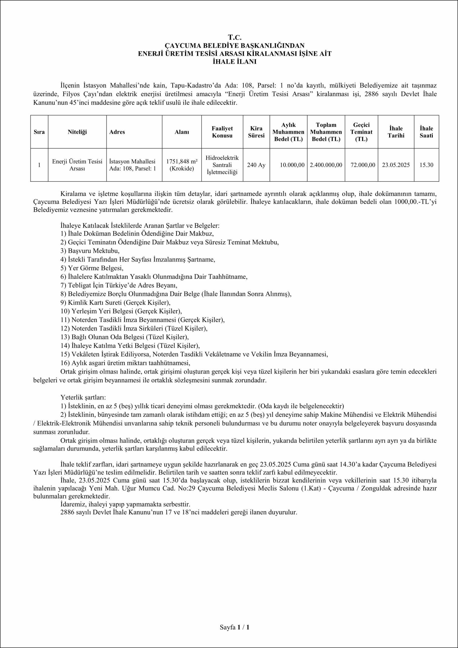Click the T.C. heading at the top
(235, 37)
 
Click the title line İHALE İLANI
(235, 62)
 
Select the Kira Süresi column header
(256, 132)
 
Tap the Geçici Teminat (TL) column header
(361, 132)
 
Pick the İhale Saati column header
(426, 132)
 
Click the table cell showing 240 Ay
(256, 165)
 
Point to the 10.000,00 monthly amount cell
(292, 165)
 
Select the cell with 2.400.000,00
(326, 165)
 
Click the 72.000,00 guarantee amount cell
(363, 165)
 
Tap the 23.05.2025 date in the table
(396, 165)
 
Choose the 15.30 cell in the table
(426, 165)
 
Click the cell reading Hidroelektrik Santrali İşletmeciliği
(222, 165)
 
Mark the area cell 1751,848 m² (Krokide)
(182, 165)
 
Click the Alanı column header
(182, 132)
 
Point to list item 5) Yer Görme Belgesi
(92, 268)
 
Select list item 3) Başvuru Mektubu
(90, 251)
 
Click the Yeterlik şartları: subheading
(83, 397)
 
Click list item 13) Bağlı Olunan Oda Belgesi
(124, 337)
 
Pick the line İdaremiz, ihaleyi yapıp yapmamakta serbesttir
(125, 504)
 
